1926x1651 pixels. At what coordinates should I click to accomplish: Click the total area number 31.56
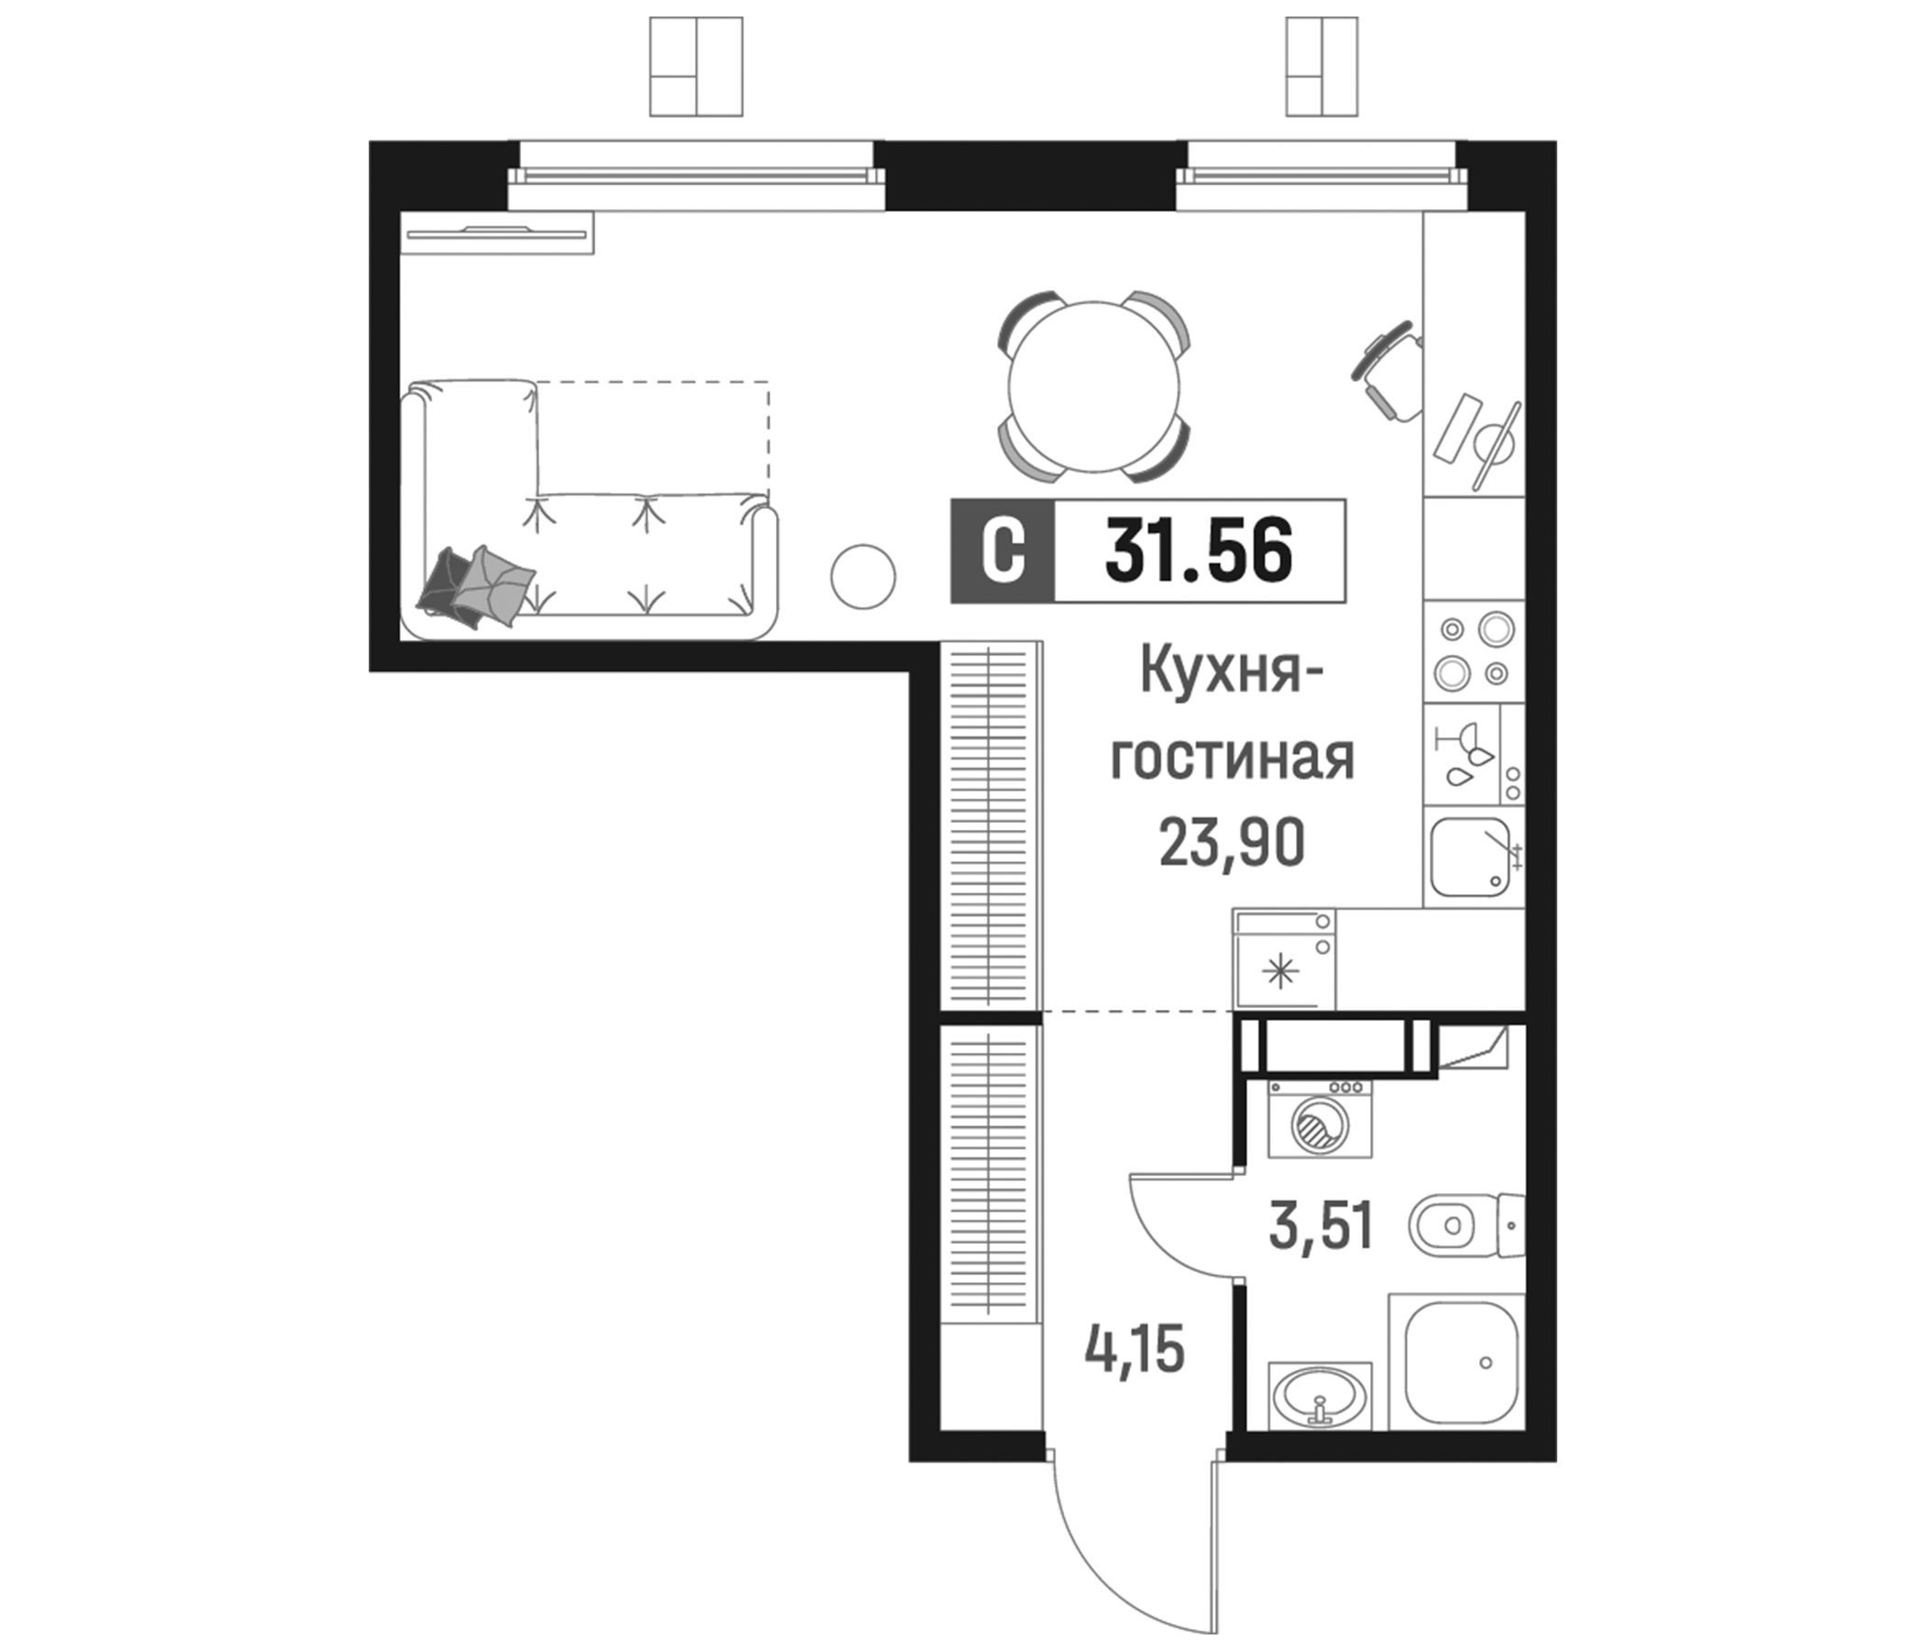point(1198,551)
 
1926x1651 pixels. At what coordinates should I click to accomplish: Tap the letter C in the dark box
point(1003,552)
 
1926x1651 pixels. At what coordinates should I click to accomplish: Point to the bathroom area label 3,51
point(1321,1226)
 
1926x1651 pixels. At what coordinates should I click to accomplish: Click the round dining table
point(1094,386)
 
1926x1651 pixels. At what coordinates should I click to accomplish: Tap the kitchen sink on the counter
point(1470,856)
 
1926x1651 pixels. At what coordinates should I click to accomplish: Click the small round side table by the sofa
point(863,576)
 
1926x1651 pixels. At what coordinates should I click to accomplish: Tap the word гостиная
point(1233,758)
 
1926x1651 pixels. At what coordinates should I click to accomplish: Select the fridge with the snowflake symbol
point(1284,960)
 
